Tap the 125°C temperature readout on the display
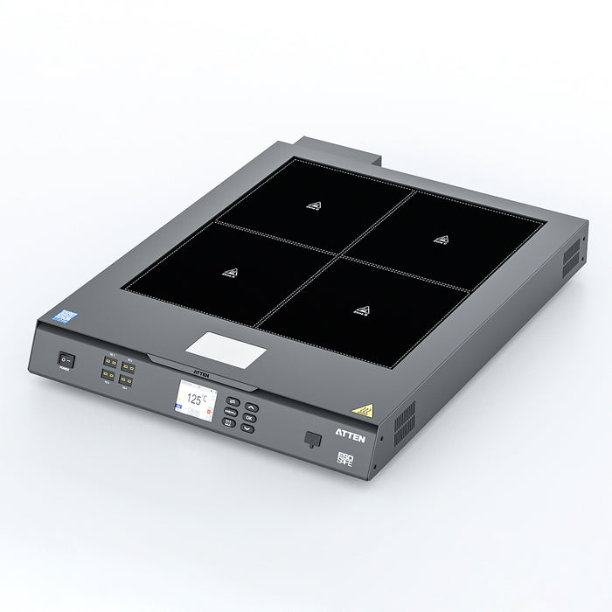coord(196,400)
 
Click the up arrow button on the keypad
coord(251,407)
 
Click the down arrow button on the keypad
coord(247,428)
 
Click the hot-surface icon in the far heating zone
coord(314,205)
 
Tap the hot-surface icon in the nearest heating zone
coord(360,309)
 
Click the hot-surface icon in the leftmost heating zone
coord(230,272)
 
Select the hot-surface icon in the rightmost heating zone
coord(441,239)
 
